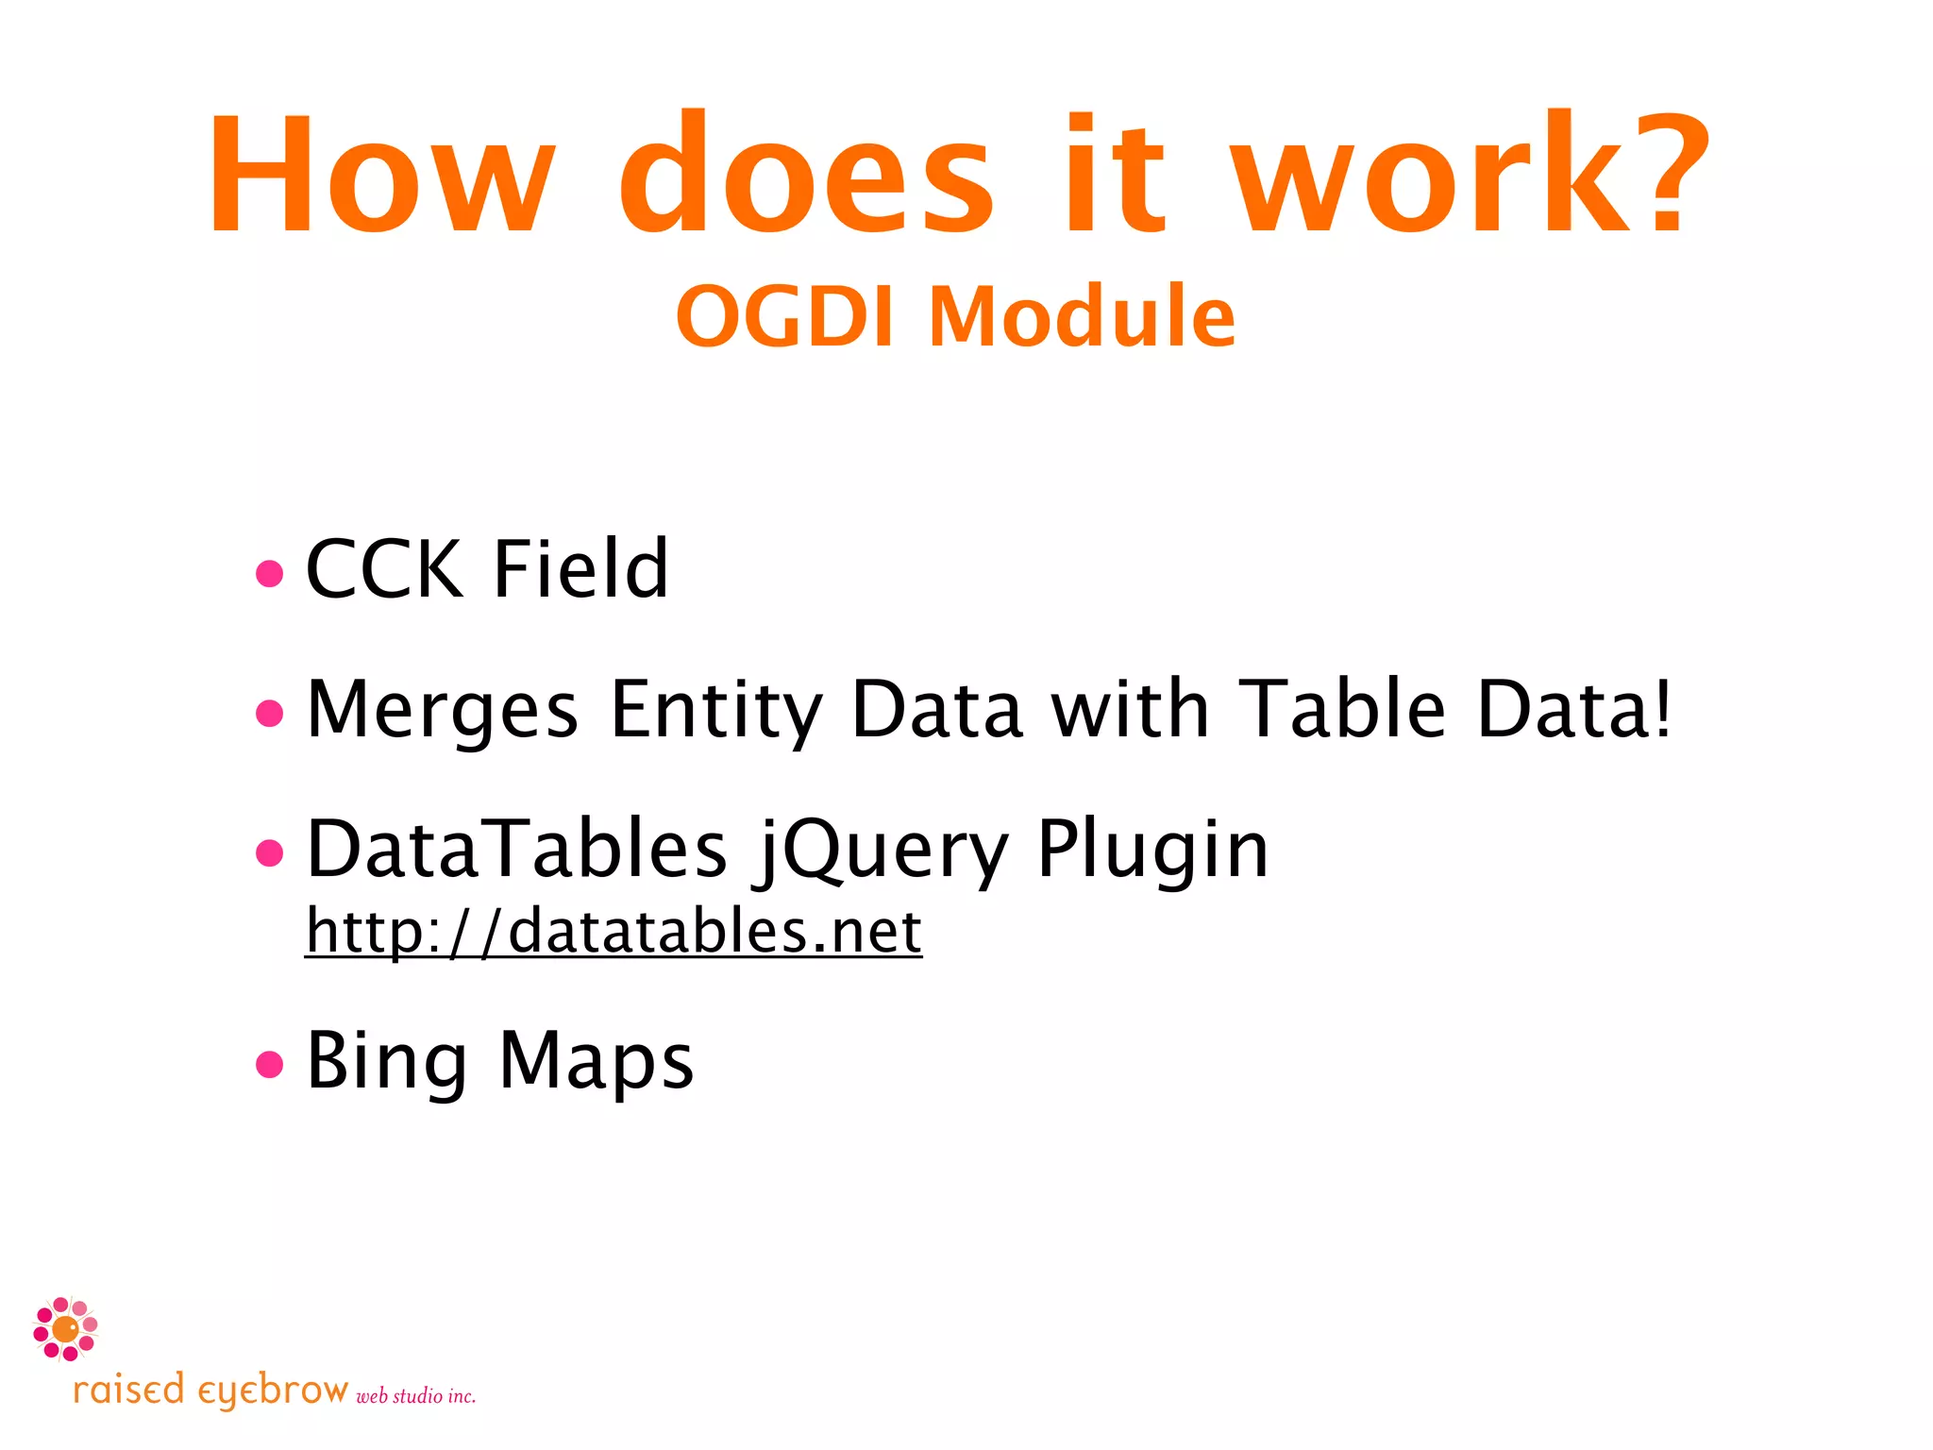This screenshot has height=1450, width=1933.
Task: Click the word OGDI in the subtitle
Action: tap(784, 316)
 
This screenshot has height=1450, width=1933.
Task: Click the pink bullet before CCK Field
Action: tap(270, 573)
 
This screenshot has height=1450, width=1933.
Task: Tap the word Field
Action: tap(580, 569)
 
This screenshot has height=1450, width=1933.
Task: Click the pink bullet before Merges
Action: tap(270, 713)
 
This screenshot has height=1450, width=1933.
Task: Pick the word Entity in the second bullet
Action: tap(716, 711)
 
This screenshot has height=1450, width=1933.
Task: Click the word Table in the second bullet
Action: tap(1341, 709)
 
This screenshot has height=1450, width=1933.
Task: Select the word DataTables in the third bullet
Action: tap(517, 849)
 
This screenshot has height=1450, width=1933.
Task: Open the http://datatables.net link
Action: tap(614, 932)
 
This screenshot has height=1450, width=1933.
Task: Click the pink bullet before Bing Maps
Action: tap(270, 1065)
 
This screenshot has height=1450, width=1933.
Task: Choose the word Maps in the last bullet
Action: tap(596, 1062)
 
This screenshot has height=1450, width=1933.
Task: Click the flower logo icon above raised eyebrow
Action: tap(65, 1329)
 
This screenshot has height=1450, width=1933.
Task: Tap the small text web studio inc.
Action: tap(415, 1396)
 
